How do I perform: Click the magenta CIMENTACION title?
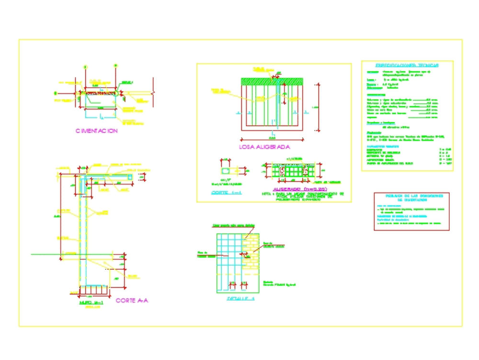pyautogui.click(x=96, y=131)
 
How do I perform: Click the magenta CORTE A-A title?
pyautogui.click(x=132, y=301)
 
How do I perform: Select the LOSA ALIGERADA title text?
pyautogui.click(x=264, y=147)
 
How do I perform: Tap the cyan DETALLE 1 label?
pyautogui.click(x=241, y=298)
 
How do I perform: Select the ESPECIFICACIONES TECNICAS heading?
pyautogui.click(x=407, y=65)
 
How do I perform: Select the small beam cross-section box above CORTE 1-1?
pyautogui.click(x=227, y=171)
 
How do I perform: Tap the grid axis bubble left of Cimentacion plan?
pyautogui.click(x=56, y=93)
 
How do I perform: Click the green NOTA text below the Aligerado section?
pyautogui.click(x=303, y=196)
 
